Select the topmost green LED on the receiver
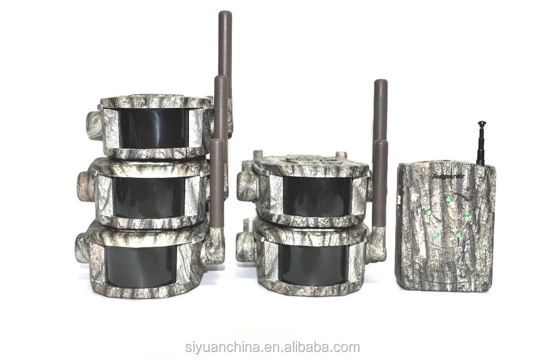[448, 199]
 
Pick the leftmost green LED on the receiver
[429, 212]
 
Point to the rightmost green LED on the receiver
[467, 214]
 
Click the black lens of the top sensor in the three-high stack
[154, 128]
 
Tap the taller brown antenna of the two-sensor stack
[380, 113]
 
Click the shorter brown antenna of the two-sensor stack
[380, 186]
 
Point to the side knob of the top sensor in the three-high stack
[93, 125]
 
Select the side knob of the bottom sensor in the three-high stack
[83, 249]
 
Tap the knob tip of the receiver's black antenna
[482, 123]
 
